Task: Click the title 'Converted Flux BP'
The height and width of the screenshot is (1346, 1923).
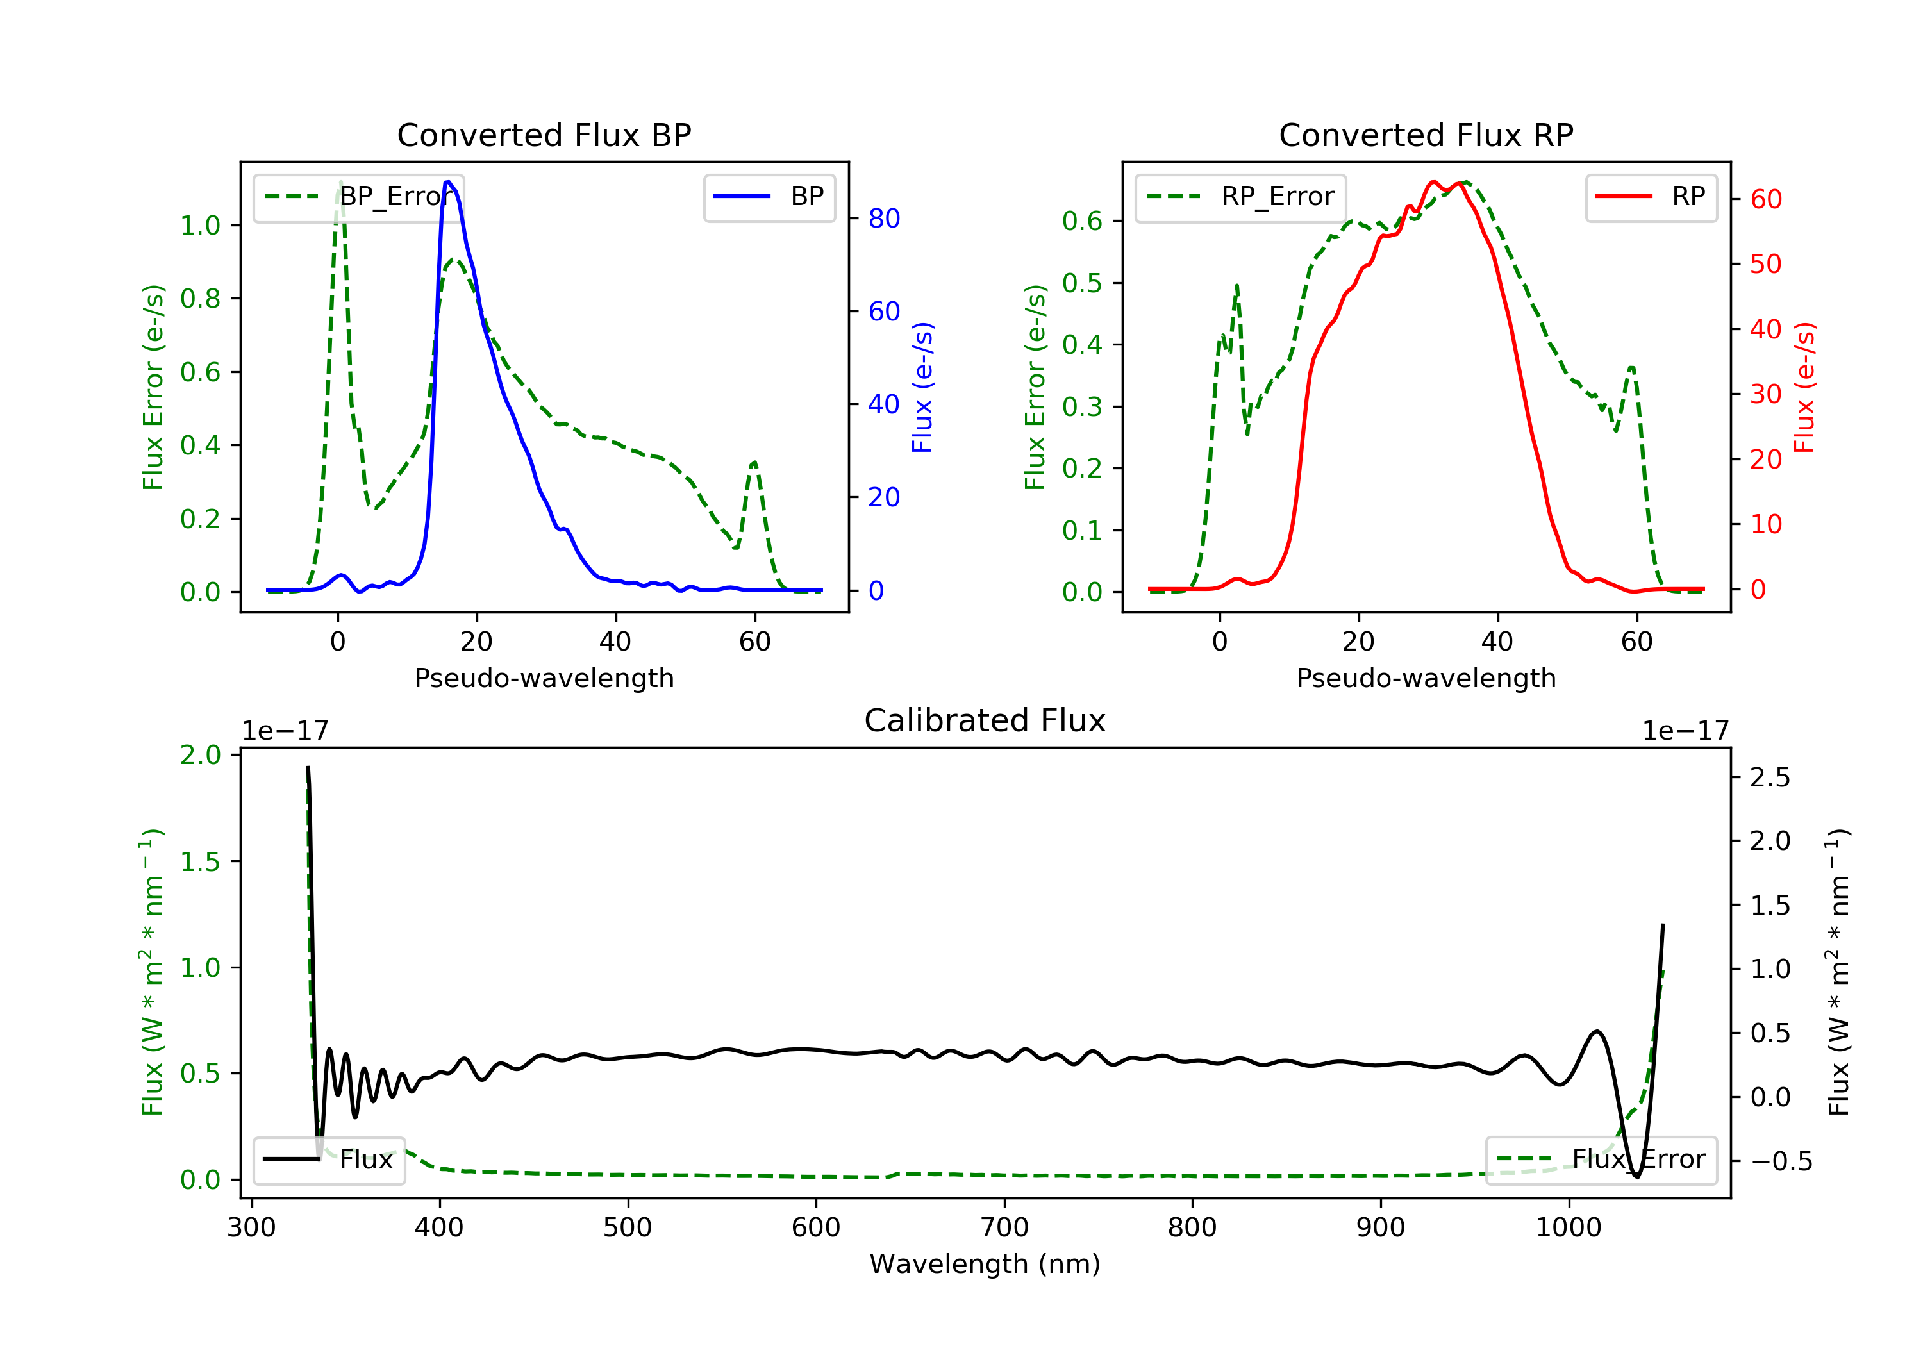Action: (544, 135)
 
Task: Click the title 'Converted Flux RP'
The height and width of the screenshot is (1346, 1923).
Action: (1426, 135)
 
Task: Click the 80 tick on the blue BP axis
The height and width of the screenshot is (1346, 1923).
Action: (883, 219)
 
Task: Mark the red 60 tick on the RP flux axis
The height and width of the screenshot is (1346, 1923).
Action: (1765, 199)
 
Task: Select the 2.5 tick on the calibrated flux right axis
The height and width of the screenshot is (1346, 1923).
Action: (1770, 777)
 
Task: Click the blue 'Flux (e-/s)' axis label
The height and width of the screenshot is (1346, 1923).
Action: (922, 388)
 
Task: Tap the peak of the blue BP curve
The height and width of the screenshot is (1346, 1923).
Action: (449, 182)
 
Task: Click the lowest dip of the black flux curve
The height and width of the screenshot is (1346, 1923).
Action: (1636, 1177)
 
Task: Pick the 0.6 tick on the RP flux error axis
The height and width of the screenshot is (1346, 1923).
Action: (1082, 221)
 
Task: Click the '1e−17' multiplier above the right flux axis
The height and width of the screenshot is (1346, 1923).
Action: (1685, 731)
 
